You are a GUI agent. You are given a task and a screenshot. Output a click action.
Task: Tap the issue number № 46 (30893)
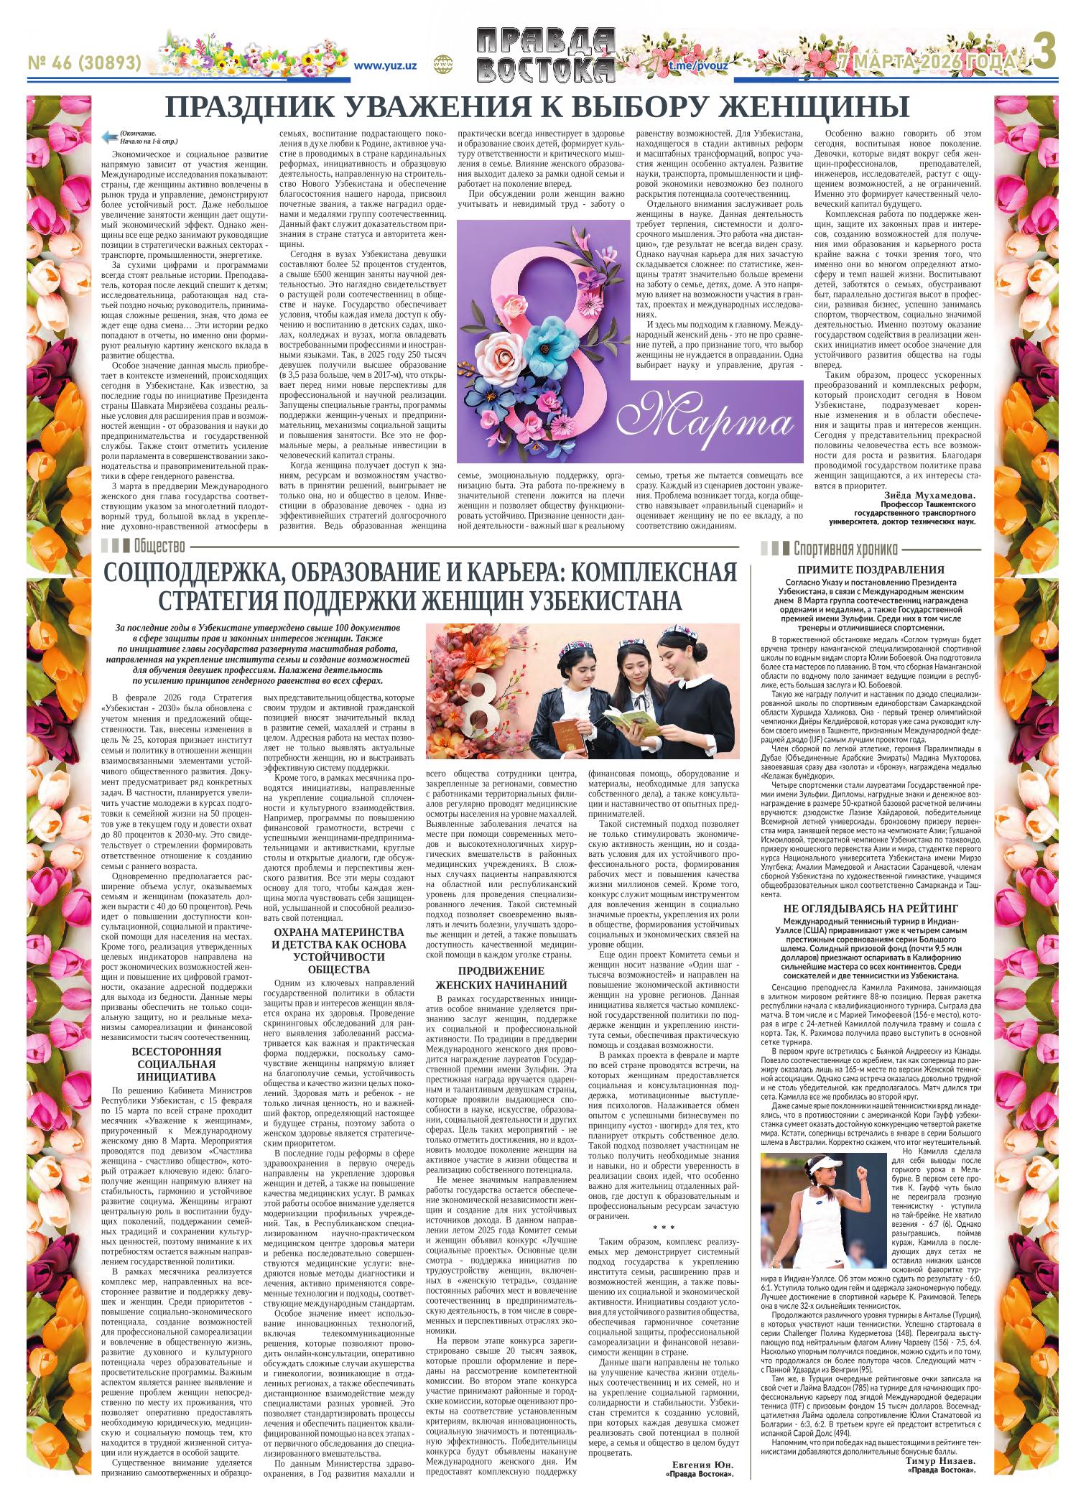[84, 63]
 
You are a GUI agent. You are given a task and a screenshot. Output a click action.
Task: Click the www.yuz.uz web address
[386, 65]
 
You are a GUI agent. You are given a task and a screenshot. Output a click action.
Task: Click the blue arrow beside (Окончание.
[110, 136]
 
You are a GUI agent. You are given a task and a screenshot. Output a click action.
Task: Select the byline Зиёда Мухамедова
[928, 496]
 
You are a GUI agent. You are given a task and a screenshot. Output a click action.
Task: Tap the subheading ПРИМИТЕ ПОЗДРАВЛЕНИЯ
[871, 570]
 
